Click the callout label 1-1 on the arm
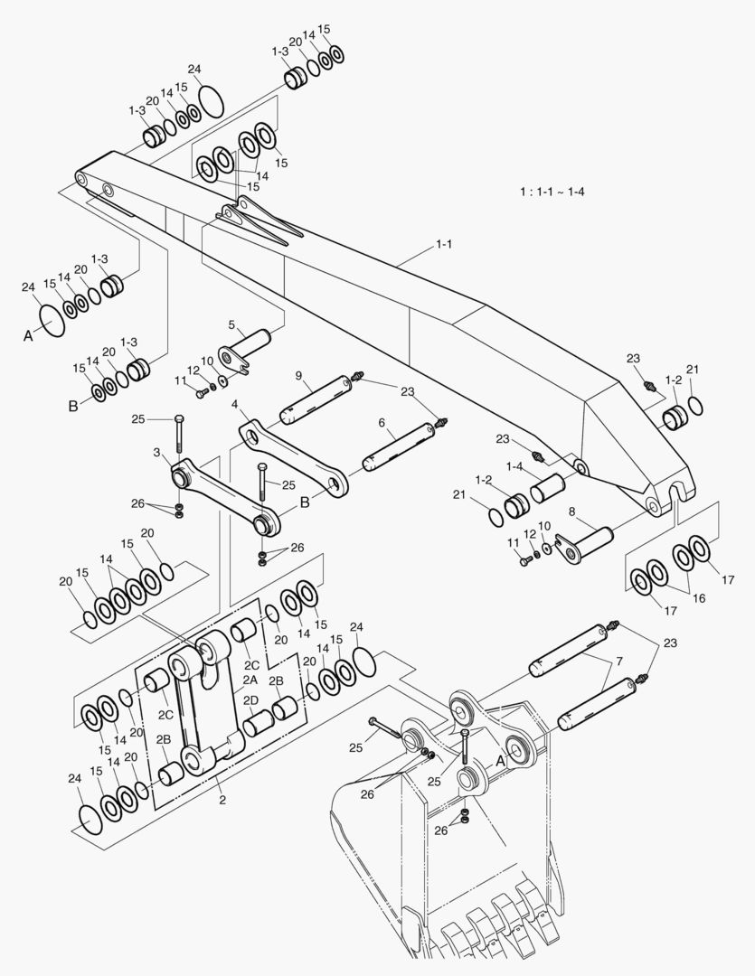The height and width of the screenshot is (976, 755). click(444, 244)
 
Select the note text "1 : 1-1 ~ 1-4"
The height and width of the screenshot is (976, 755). click(552, 192)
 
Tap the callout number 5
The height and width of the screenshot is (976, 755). click(231, 324)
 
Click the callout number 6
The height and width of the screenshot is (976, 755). click(382, 421)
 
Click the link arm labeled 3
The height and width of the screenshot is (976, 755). click(222, 495)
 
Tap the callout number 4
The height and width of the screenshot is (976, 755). click(234, 404)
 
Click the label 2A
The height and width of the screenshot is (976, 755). click(250, 678)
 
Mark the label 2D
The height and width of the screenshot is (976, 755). click(250, 700)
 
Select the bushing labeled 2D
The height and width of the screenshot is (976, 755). click(259, 722)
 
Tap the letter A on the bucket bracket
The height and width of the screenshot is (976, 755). click(500, 761)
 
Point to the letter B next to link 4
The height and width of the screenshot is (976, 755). click(305, 500)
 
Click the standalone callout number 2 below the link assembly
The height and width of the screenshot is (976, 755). click(222, 800)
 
